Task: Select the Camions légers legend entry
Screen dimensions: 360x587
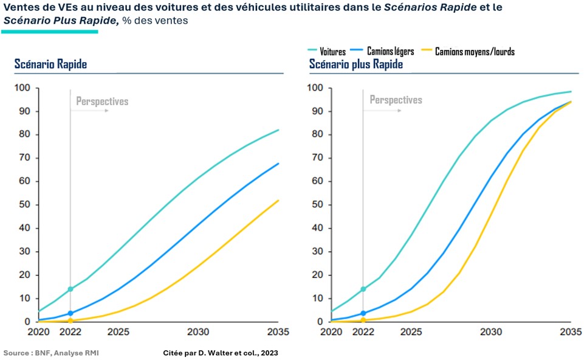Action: pos(390,52)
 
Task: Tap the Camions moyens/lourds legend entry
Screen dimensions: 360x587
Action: pos(475,52)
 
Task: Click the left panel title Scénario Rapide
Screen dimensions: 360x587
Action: pos(51,64)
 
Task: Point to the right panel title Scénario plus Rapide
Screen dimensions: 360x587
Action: pos(355,64)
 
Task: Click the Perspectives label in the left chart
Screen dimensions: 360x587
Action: pos(102,102)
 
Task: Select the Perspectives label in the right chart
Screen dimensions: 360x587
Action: pos(396,100)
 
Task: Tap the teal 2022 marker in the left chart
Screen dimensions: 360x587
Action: pos(70,289)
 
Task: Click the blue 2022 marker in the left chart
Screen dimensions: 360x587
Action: pos(70,313)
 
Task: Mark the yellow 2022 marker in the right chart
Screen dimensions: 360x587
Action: pos(363,320)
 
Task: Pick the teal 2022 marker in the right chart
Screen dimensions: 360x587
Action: pos(363,289)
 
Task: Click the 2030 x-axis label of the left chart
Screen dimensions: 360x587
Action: pos(198,332)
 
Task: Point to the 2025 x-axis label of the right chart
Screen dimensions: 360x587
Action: pos(411,332)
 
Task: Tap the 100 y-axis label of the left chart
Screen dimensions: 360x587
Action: pos(22,88)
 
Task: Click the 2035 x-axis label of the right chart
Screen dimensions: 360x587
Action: pos(570,332)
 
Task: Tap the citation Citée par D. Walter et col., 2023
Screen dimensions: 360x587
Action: pos(221,353)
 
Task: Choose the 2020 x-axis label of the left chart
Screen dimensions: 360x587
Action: pos(38,332)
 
